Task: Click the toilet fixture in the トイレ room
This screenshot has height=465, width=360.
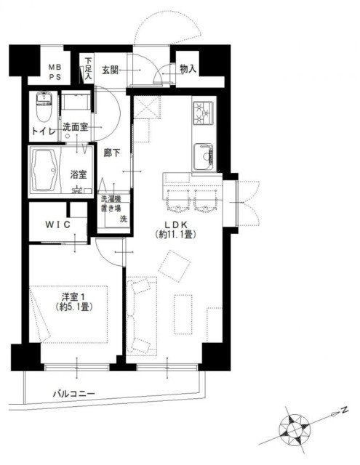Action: (x=44, y=107)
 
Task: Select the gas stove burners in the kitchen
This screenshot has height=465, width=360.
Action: (x=204, y=113)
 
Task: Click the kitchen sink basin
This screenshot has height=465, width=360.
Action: (x=204, y=157)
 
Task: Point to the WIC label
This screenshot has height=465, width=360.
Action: (x=58, y=225)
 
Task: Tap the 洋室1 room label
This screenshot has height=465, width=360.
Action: (x=73, y=296)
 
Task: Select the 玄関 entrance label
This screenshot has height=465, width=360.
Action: (x=110, y=70)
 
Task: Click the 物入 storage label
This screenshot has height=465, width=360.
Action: (x=188, y=69)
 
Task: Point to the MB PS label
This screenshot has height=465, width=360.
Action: (x=55, y=73)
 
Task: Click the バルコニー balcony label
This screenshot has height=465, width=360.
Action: (x=74, y=394)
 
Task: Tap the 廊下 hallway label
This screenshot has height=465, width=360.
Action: (x=111, y=153)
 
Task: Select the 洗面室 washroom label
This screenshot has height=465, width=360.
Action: (x=75, y=127)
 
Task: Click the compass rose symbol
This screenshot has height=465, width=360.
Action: (x=294, y=429)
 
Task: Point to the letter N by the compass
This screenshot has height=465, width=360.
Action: (x=344, y=410)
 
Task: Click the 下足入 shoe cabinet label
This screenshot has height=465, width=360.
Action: (x=88, y=68)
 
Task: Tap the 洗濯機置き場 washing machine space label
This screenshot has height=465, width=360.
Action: (x=111, y=203)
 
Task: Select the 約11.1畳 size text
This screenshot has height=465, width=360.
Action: (x=175, y=235)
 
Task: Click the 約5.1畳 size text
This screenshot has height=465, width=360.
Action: (x=74, y=307)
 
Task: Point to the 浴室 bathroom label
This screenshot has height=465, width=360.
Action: (x=79, y=174)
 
